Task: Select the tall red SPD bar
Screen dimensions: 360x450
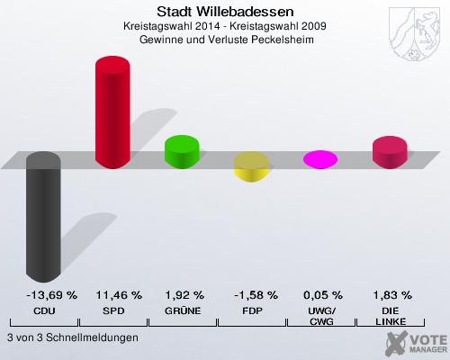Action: pyautogui.click(x=112, y=112)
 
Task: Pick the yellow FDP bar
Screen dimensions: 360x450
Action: pyautogui.click(x=251, y=166)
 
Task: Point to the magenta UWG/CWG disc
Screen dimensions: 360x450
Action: pyautogui.click(x=320, y=159)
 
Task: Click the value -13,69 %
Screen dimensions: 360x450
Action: pyautogui.click(x=43, y=294)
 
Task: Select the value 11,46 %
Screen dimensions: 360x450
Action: pyautogui.click(x=112, y=294)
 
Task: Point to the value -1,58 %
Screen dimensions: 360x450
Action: pyautogui.click(x=252, y=294)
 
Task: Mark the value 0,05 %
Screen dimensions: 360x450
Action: pyautogui.click(x=321, y=294)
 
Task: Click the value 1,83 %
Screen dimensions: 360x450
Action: pyautogui.click(x=391, y=294)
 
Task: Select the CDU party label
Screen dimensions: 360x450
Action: pyautogui.click(x=43, y=310)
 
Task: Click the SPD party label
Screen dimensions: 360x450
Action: pyautogui.click(x=112, y=310)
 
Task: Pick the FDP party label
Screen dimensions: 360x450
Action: pyautogui.click(x=252, y=310)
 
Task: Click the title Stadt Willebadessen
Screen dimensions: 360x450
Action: pyautogui.click(x=225, y=12)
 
